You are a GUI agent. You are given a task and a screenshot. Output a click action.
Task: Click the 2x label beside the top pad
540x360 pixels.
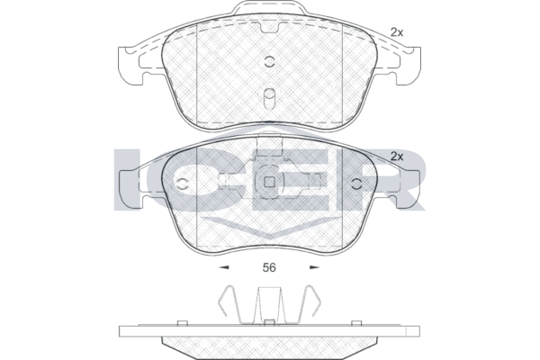(x=397, y=32)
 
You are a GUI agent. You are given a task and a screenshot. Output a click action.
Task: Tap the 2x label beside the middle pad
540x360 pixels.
(x=397, y=157)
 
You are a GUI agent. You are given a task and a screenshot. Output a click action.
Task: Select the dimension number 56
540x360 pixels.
(x=269, y=267)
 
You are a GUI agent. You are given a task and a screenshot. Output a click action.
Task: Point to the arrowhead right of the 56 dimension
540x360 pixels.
(x=314, y=267)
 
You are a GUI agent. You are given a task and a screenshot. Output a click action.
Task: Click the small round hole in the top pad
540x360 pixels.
(x=269, y=62)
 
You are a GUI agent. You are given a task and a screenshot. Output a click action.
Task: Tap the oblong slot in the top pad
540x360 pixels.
(x=269, y=99)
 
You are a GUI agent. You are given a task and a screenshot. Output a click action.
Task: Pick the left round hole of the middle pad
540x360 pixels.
(x=182, y=184)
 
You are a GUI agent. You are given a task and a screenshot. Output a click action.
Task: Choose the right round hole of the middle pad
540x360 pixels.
(x=357, y=184)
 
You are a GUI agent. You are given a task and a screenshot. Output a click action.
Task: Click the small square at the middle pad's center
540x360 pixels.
(x=269, y=182)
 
